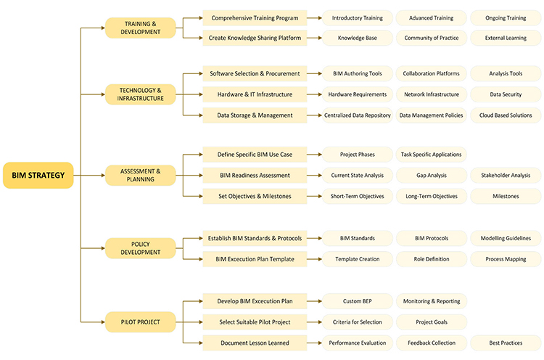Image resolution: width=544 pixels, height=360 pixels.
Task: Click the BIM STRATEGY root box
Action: tap(38, 175)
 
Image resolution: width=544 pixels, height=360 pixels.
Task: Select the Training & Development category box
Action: tap(141, 28)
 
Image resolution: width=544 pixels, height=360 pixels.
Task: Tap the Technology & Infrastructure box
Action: tap(141, 94)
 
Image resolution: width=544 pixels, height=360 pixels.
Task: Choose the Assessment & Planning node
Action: tap(141, 175)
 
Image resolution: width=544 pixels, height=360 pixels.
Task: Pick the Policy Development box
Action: tap(141, 248)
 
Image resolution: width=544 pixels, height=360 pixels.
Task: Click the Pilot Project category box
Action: tap(141, 321)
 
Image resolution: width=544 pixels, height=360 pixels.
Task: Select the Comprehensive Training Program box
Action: tap(255, 17)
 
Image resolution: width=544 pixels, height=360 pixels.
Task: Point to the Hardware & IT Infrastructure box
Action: tap(255, 94)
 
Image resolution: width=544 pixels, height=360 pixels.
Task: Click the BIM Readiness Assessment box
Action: tap(255, 175)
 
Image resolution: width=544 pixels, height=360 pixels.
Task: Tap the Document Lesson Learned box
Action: tap(255, 343)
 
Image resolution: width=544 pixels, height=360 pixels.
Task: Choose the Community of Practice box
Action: tap(431, 38)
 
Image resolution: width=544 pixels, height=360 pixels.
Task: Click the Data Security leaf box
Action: tap(506, 94)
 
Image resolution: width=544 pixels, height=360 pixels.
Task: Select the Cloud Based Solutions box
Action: tap(506, 115)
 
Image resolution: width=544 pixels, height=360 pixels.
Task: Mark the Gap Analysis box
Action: tap(431, 175)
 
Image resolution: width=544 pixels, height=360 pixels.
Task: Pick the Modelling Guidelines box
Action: tap(506, 238)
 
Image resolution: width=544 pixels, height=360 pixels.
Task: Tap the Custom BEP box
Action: tap(358, 300)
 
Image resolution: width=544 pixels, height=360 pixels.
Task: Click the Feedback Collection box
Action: tap(431, 343)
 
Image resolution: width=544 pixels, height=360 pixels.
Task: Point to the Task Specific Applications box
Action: tap(431, 154)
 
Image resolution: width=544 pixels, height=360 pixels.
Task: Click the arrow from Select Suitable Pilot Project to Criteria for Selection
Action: tap(315, 322)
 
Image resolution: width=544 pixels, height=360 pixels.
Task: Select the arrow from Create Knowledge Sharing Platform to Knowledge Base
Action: tap(315, 38)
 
